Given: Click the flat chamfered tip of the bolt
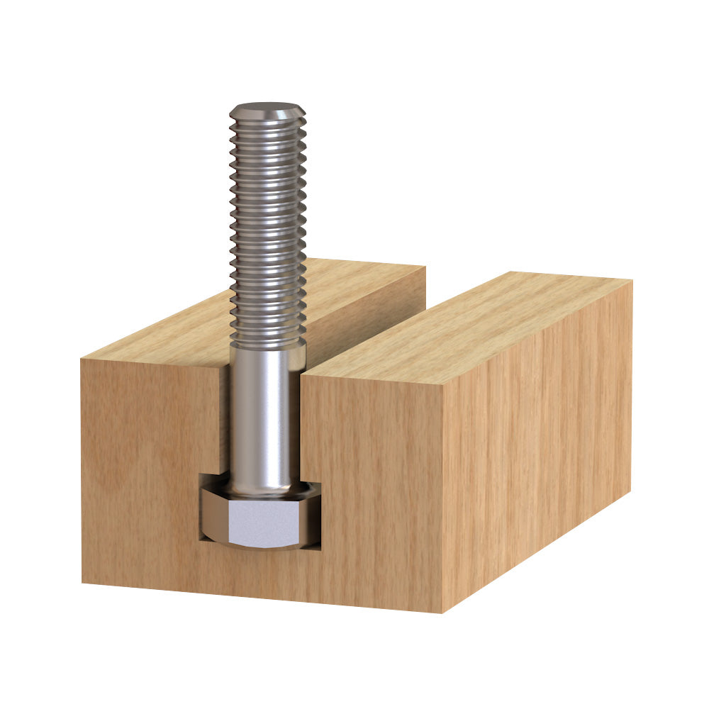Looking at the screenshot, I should pyautogui.click(x=267, y=111).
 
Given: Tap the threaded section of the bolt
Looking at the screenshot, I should pyautogui.click(x=267, y=227).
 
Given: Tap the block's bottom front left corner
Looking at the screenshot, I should pyautogui.click(x=82, y=583).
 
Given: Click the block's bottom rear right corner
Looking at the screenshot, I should pyautogui.click(x=630, y=490).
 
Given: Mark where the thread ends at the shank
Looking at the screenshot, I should pyautogui.click(x=267, y=345).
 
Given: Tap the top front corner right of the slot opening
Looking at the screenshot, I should pyautogui.click(x=303, y=374).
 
